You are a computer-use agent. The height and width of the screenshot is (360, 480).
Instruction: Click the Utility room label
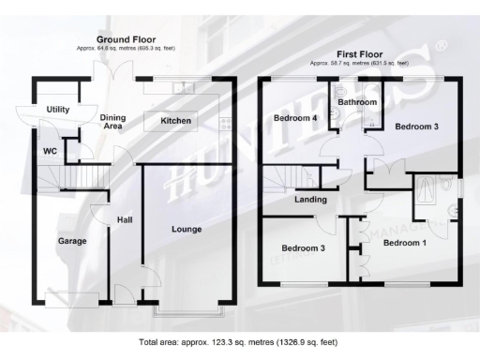tap(58, 110)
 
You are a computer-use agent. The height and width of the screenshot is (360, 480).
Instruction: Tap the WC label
tap(50, 150)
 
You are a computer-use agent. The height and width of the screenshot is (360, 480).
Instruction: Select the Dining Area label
tap(112, 119)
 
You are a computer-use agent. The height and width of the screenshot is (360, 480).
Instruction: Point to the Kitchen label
tap(176, 121)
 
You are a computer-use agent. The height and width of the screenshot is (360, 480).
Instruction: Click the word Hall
tap(124, 220)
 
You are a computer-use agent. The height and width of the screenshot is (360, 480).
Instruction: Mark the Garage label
tap(72, 241)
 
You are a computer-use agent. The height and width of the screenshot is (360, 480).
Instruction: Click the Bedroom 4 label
tap(295, 118)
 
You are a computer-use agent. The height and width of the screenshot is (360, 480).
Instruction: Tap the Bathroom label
tap(357, 101)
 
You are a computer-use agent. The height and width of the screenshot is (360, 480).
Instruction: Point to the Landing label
tap(310, 199)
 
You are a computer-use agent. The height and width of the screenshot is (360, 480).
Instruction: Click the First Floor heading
tap(360, 54)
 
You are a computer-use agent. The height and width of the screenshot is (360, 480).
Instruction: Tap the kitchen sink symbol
tap(184, 88)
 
